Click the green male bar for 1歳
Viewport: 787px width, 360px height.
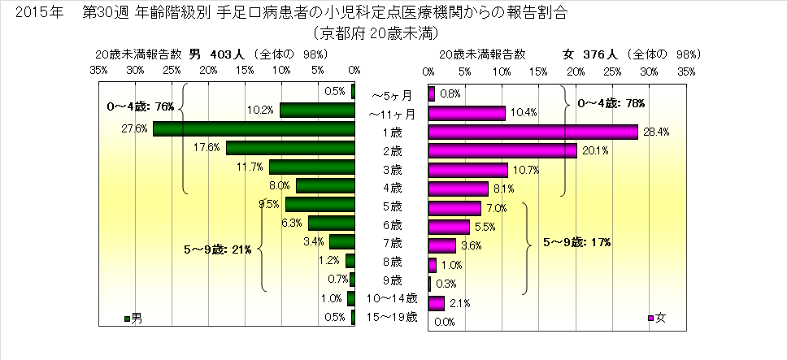click(x=254, y=129)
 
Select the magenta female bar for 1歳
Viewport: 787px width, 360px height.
click(x=533, y=132)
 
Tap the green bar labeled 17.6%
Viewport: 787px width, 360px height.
click(x=290, y=148)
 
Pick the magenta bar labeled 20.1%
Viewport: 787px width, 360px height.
click(x=502, y=150)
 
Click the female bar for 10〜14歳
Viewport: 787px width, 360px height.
click(x=436, y=303)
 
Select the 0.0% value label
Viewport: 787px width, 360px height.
click(x=444, y=322)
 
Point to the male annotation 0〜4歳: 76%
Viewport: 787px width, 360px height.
click(x=141, y=106)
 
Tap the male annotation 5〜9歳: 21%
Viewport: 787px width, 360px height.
click(x=217, y=249)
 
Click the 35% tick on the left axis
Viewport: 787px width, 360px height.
click(x=98, y=72)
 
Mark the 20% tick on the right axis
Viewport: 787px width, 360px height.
click(x=576, y=72)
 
